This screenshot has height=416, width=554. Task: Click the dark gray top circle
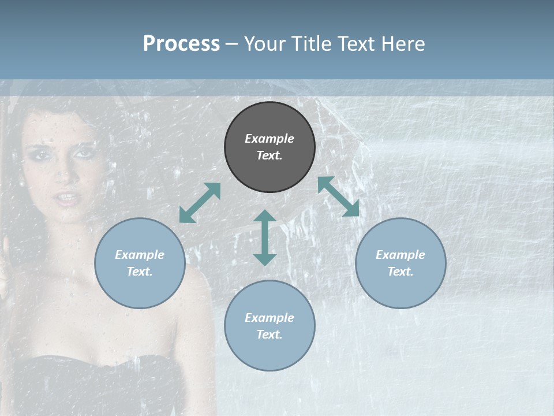pos(269,147)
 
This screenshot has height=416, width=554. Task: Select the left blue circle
pos(140,263)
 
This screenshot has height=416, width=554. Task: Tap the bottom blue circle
pos(269,325)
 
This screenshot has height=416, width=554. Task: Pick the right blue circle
pos(400,263)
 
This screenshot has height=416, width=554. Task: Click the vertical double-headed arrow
pos(265,237)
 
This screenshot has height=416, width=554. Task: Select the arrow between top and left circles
pos(200,203)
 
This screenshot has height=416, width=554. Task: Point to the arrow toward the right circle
pos(339,196)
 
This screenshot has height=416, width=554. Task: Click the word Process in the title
pos(181,43)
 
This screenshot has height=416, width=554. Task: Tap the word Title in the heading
pos(309,43)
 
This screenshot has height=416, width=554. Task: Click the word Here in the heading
pos(403,43)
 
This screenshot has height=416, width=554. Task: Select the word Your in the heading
pos(263,43)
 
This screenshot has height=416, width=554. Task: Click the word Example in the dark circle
pos(269,139)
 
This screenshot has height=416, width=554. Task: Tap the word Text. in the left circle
pos(140,272)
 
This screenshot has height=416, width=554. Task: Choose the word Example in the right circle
pos(400,255)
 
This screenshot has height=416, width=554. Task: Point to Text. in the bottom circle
pos(269,335)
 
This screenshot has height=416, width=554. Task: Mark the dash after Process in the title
pos(231,44)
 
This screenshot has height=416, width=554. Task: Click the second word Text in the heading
pos(355,43)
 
